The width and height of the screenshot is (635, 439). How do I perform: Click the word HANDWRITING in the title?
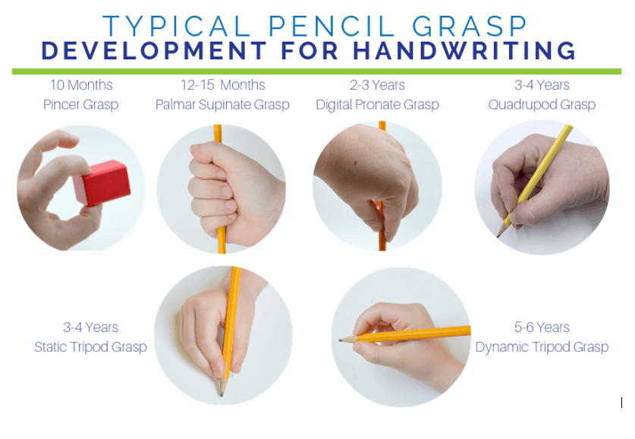click(x=464, y=51)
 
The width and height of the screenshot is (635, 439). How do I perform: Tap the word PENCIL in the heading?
click(x=332, y=27)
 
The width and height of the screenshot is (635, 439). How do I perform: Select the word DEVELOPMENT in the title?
click(x=154, y=51)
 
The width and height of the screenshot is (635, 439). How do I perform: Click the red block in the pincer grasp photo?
click(x=102, y=182)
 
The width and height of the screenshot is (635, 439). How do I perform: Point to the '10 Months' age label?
click(x=81, y=85)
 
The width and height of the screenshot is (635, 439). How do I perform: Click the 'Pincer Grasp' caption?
click(x=81, y=105)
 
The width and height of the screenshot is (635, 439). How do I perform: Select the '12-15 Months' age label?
click(x=223, y=85)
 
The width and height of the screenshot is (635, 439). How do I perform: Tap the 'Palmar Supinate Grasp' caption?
click(x=222, y=105)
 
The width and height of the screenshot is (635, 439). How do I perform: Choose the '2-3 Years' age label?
click(x=378, y=85)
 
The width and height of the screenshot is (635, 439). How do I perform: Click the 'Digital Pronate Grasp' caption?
click(x=378, y=105)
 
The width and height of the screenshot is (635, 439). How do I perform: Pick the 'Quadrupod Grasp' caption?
click(x=542, y=105)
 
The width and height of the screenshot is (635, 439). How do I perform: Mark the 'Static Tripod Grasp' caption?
click(x=90, y=347)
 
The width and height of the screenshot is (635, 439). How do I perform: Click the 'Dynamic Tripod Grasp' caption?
click(x=542, y=347)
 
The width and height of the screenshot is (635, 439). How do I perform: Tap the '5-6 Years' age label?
click(x=542, y=327)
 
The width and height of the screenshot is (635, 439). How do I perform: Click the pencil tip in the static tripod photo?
click(x=222, y=394)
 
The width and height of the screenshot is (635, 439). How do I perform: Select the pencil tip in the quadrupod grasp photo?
click(x=498, y=236)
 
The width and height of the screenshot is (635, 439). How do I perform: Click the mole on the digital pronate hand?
click(x=355, y=163)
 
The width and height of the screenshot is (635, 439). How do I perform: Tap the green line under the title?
click(x=316, y=71)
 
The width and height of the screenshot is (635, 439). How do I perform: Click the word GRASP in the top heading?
click(x=470, y=27)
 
